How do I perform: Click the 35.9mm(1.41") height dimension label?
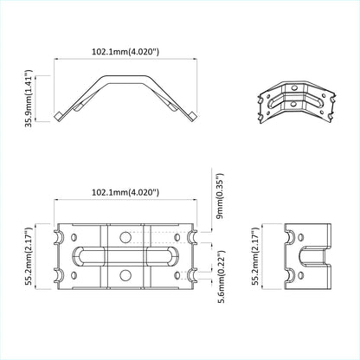click(31, 100)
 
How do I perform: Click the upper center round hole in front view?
click(126, 235)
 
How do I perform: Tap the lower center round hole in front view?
click(126, 276)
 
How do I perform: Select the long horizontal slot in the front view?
click(126, 255)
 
